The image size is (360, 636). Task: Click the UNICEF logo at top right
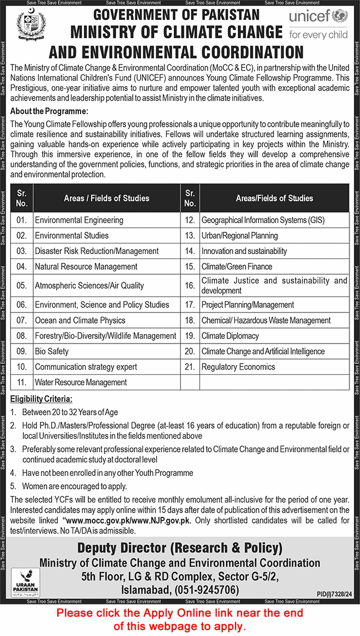coord(318,23)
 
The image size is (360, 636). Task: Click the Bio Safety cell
coord(52,351)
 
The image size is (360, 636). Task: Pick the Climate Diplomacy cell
coord(230,336)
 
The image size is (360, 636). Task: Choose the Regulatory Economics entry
coord(238,367)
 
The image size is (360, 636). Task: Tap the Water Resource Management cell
coord(81,382)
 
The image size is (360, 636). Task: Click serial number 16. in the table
coord(190,286)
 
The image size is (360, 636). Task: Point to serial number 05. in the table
coord(22,286)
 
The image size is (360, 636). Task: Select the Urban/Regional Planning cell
coord(239,236)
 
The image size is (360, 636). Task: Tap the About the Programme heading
coord(49,111)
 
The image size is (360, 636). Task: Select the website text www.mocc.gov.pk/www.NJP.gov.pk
coord(127,520)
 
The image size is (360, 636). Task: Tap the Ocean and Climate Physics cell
coord(80,320)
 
